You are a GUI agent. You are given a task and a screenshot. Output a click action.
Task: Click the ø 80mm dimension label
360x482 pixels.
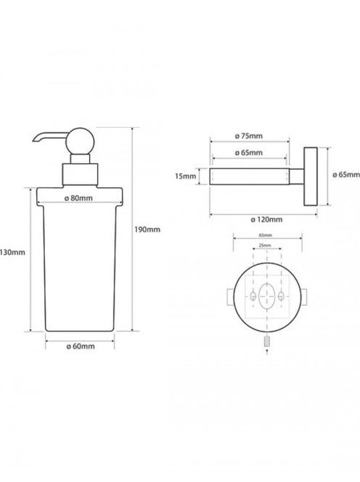click(78, 198)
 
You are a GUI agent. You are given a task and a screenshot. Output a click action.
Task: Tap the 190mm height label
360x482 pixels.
click(147, 229)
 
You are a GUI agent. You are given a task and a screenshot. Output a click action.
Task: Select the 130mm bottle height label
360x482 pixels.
click(12, 253)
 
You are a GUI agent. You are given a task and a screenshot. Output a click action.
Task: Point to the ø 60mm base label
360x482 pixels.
click(81, 346)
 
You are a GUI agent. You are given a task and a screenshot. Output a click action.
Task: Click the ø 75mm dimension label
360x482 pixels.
click(249, 136)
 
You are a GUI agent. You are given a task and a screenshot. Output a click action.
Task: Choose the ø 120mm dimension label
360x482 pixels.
click(266, 219)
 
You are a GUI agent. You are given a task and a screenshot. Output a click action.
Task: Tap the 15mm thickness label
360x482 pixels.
click(185, 176)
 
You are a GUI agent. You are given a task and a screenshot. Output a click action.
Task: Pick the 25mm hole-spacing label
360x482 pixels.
click(265, 245)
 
